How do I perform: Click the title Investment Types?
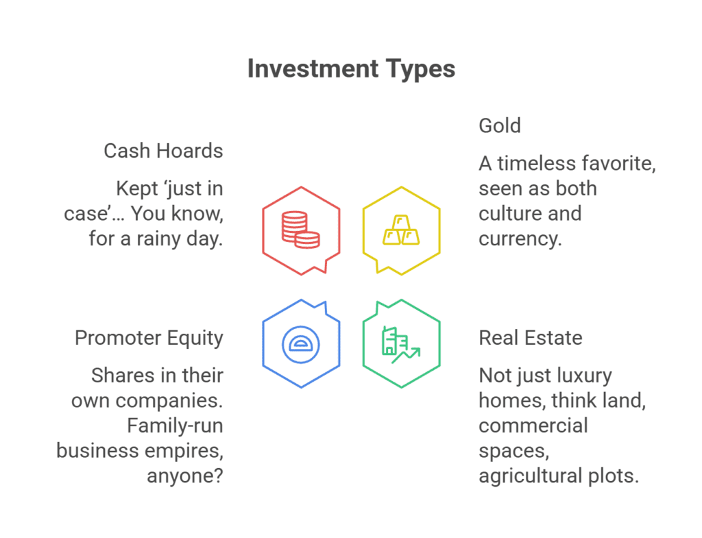351,69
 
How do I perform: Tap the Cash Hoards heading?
163,151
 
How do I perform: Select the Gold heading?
500,125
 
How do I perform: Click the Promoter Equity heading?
149,338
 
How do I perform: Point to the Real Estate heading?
531,338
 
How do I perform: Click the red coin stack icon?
301,230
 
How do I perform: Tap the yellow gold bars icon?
401,230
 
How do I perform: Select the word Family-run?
175,426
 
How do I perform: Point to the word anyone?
185,476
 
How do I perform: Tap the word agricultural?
535,476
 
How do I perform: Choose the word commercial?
533,426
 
